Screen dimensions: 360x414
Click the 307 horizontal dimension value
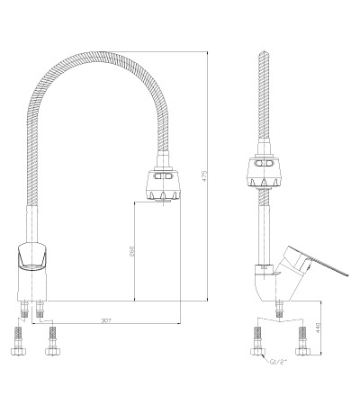pos(106,320)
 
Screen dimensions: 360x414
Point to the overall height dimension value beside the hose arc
pos(205,176)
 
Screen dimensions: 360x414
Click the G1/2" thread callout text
pos(278,362)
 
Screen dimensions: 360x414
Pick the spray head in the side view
pos(265,171)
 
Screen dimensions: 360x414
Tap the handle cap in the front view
pos(32,256)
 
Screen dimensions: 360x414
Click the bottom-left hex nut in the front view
pos(18,351)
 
